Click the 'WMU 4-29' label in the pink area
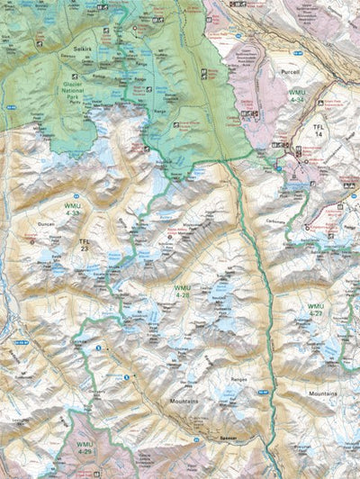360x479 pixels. tap(85, 448)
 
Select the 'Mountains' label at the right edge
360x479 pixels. tap(322, 393)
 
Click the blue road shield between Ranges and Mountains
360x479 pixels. tap(260, 391)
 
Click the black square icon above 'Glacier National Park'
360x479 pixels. tap(74, 77)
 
